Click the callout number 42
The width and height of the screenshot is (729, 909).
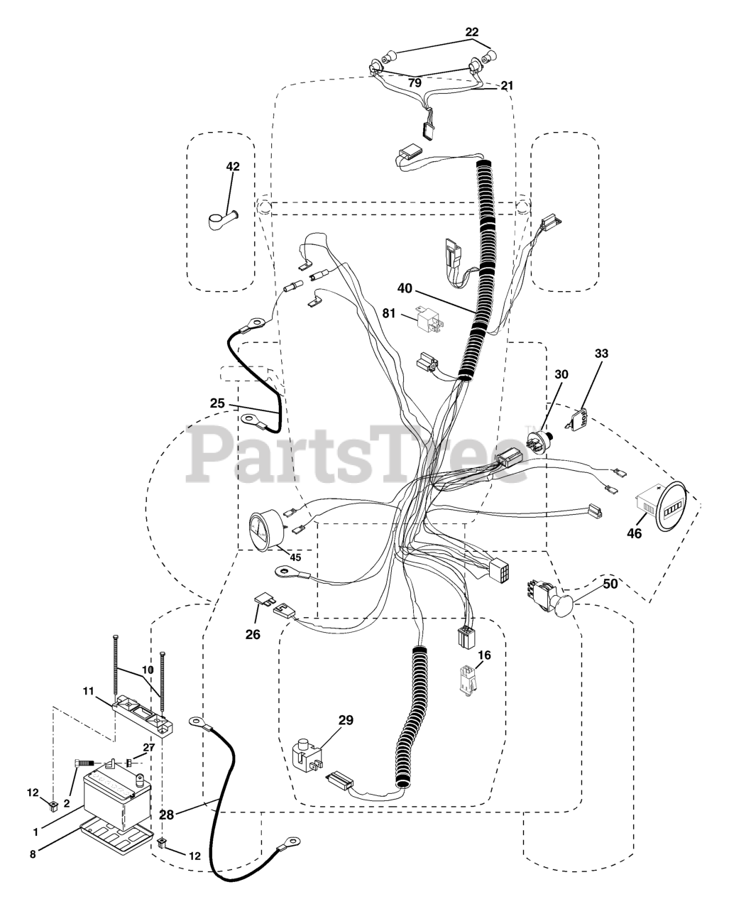233,166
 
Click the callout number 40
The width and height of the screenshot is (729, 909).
404,288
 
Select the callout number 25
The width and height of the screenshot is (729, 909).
217,403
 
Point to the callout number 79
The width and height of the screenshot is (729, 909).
413,83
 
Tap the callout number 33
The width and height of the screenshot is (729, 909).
601,353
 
